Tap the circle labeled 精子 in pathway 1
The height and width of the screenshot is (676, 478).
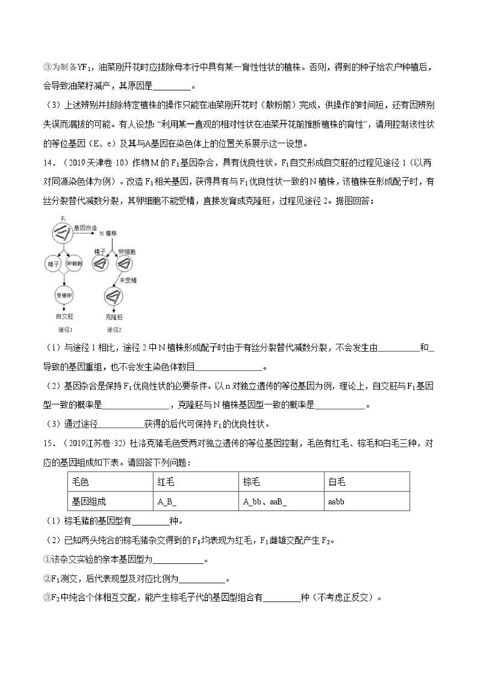[53, 263]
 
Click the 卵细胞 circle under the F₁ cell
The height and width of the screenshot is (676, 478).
[74, 263]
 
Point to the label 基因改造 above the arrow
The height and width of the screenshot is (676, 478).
[85, 228]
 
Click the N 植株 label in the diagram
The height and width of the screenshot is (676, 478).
[108, 233]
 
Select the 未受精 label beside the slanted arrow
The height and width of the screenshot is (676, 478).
[128, 280]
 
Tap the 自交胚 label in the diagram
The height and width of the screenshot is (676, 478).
[64, 317]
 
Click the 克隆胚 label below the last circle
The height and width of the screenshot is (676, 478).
[114, 317]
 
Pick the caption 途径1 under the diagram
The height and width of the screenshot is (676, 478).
[65, 329]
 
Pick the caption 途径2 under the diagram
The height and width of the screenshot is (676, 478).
[114, 329]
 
